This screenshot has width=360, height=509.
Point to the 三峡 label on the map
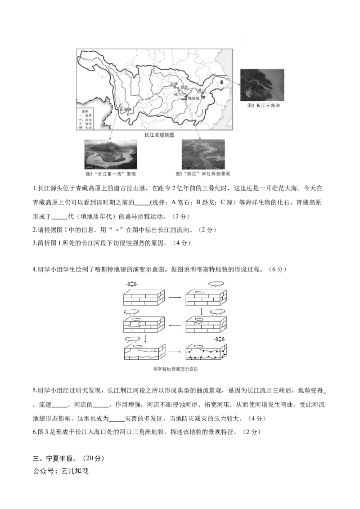(x=174, y=84)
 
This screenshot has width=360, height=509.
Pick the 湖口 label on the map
(x=201, y=90)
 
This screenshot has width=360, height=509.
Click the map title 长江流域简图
(x=159, y=134)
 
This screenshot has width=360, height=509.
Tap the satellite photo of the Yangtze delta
(x=262, y=85)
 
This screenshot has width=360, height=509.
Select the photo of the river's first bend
(x=111, y=154)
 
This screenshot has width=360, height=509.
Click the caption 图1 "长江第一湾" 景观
(x=111, y=174)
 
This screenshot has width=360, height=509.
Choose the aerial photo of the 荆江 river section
(x=203, y=154)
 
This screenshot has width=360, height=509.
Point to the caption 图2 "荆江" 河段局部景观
(x=203, y=174)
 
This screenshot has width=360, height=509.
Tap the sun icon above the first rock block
(x=131, y=284)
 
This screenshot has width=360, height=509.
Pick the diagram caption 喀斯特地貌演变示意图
(x=175, y=369)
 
